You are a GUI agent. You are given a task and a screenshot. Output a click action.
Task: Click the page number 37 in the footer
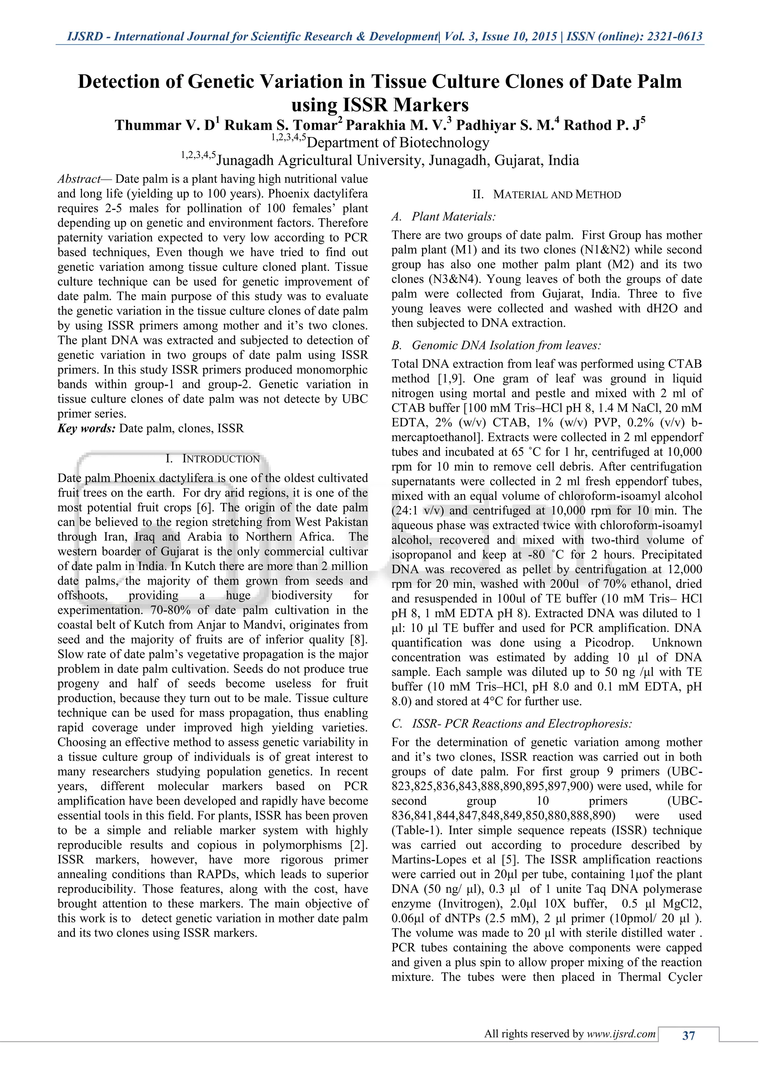[x=688, y=1036]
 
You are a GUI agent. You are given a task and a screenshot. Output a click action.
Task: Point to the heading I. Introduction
[x=213, y=458]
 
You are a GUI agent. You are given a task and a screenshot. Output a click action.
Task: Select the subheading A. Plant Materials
[x=444, y=217]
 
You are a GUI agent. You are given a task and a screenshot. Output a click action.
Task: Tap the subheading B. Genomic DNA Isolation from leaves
[x=496, y=345]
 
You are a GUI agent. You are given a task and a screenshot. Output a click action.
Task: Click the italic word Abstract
[x=79, y=179]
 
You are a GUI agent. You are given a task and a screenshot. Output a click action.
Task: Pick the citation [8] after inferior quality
[x=359, y=639]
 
